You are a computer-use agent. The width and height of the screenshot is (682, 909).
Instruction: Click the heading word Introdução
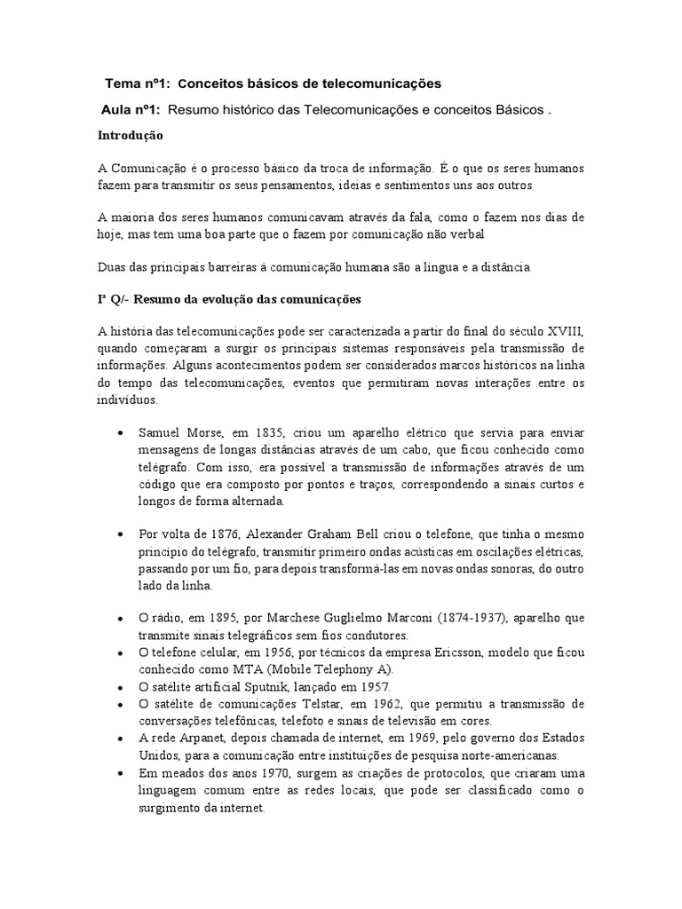(130, 136)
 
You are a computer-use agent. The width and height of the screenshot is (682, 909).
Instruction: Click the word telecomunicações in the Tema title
(382, 83)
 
